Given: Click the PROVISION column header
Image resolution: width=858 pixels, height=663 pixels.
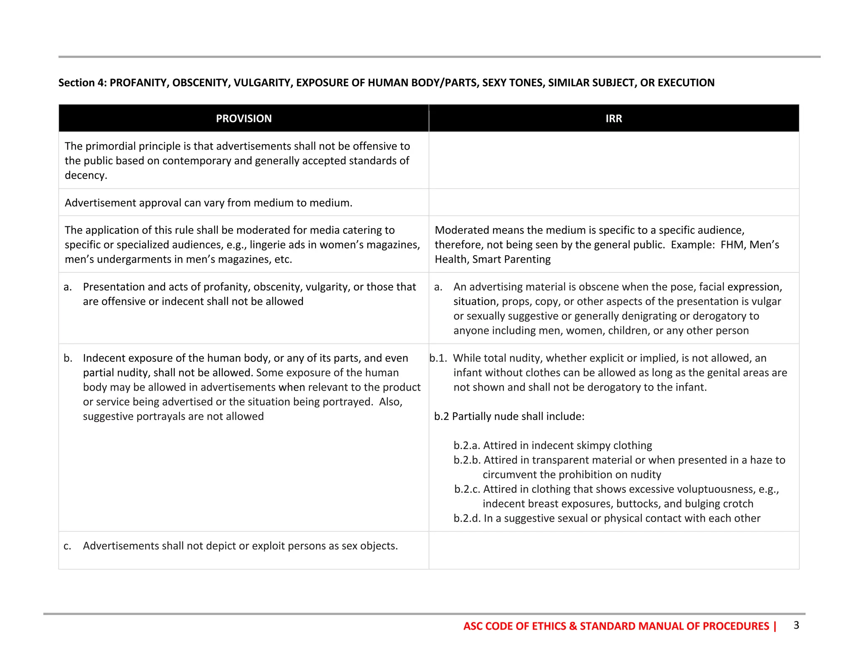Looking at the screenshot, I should [x=243, y=119].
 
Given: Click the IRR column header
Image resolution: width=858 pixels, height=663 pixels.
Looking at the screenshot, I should [x=613, y=119].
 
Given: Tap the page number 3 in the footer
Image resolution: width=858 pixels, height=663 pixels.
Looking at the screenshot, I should [x=796, y=625].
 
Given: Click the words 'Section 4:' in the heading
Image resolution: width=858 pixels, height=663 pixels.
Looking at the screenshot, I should [x=83, y=83].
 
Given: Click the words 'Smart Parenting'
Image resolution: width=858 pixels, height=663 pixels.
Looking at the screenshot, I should [x=511, y=259].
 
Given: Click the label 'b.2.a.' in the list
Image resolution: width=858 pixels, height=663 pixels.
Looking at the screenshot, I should [x=467, y=445].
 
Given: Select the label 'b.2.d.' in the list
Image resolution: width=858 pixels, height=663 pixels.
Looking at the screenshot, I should [x=467, y=518].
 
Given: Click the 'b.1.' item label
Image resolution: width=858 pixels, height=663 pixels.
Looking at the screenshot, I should [x=438, y=358].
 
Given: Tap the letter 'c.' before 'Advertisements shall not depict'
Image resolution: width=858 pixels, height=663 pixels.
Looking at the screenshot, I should [x=67, y=546].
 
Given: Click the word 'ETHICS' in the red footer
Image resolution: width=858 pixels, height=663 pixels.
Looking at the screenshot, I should [x=549, y=626].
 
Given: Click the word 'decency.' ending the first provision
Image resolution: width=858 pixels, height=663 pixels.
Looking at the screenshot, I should [x=86, y=175].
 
